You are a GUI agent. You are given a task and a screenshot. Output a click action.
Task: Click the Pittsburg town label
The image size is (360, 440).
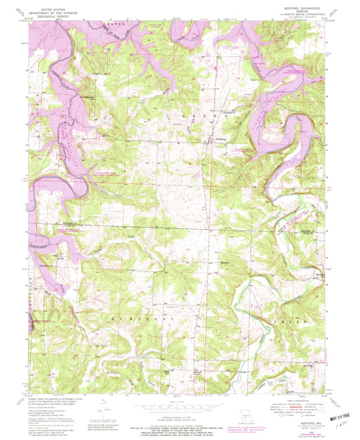[221, 139]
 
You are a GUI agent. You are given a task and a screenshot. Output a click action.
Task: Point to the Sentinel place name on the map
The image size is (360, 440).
[224, 263]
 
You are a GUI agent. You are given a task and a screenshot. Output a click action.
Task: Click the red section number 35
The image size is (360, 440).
[147, 163]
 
